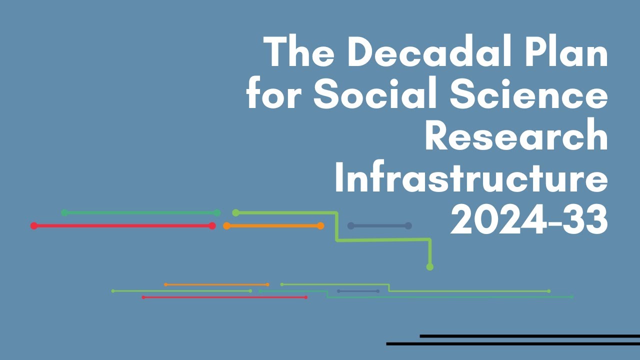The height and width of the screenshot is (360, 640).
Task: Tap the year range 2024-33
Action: (x=529, y=219)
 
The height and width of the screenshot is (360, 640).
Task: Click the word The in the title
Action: (x=297, y=52)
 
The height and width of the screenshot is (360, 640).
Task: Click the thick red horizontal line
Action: (x=123, y=226)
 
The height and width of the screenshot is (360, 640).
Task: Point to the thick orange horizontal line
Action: (x=273, y=226)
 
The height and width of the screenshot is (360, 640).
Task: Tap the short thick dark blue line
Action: (x=379, y=226)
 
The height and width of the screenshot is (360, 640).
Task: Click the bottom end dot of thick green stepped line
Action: (x=429, y=267)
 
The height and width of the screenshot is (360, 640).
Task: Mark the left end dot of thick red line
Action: (x=34, y=226)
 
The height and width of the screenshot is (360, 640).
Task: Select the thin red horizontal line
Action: (x=224, y=297)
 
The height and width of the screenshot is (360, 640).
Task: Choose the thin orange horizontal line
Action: (x=216, y=285)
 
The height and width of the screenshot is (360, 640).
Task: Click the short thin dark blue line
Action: (x=358, y=291)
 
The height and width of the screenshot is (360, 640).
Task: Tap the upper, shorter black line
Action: (x=529, y=336)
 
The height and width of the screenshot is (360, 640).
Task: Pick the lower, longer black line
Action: (x=513, y=344)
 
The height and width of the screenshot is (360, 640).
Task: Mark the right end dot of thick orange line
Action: (x=320, y=226)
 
